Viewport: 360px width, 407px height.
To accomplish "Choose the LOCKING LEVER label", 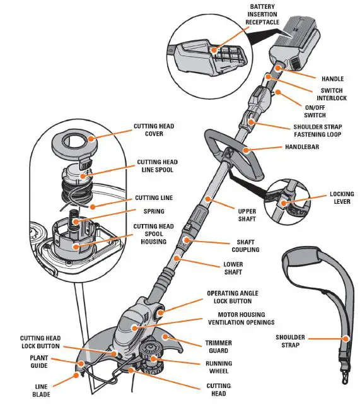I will [341, 199].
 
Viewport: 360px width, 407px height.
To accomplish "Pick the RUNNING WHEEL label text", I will [218, 367].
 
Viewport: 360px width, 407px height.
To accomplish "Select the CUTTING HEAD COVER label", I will [154, 130].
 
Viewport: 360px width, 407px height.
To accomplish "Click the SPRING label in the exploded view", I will [153, 211].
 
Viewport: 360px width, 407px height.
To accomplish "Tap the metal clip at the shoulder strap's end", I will [345, 376].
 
